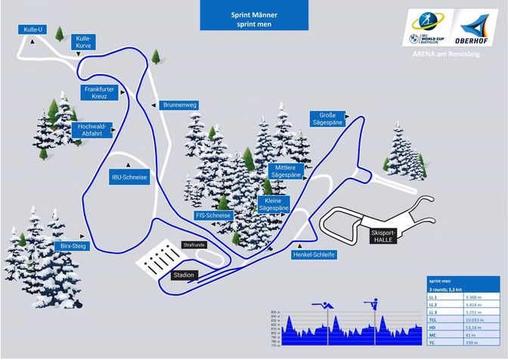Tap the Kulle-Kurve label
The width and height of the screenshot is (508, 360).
tap(83, 42)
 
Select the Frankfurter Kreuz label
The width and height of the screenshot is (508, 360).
tap(98, 93)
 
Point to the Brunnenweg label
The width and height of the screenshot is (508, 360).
tap(180, 105)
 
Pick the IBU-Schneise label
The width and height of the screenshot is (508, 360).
tap(129, 177)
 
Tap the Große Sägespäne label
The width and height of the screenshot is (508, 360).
tap(328, 119)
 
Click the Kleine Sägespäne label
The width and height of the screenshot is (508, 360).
tap(274, 204)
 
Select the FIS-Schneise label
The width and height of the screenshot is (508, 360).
tap(213, 216)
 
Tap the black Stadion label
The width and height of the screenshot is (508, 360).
tap(184, 275)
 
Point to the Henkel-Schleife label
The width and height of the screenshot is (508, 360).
tap(313, 255)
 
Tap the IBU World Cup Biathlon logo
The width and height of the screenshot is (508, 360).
tap(428, 29)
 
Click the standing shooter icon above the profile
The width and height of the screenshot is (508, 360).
tap(370, 305)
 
